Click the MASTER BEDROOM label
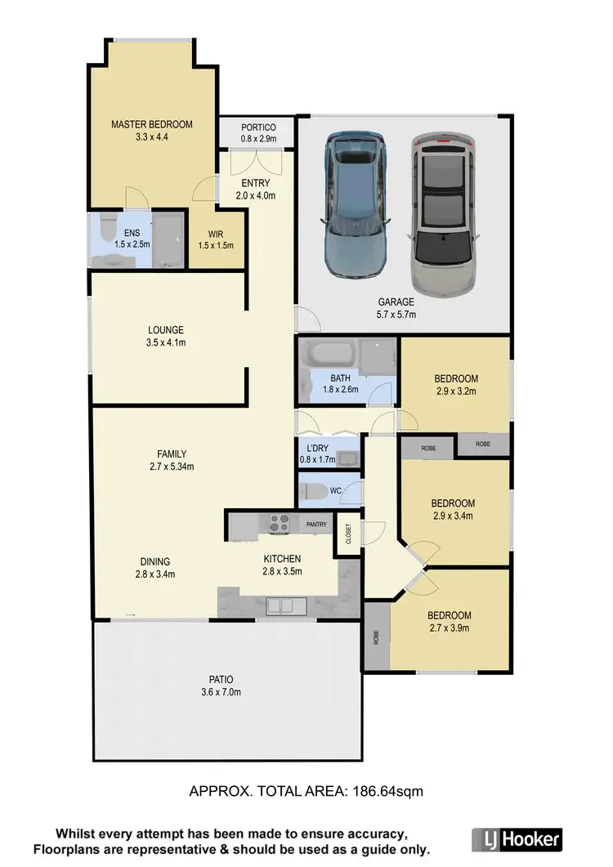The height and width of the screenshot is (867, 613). coord(152,124)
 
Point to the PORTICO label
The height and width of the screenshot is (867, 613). coord(258,127)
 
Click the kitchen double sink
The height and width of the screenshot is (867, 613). coord(284,606)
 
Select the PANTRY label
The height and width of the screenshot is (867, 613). coord(316,524)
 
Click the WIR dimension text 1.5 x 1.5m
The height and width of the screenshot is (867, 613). coord(217,245)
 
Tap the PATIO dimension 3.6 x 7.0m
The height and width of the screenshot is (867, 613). coord(221,692)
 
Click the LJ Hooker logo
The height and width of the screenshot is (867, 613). coord(517,838)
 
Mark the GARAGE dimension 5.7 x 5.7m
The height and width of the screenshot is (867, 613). coord(396,315)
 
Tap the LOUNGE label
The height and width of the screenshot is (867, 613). coord(166,330)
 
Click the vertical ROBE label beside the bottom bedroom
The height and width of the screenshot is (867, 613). coord(376,637)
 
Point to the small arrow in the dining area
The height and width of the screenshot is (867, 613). coord(129,614)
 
